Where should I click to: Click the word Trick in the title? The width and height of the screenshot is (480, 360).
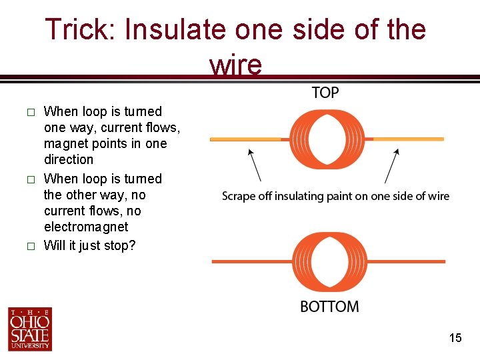tap(77, 30)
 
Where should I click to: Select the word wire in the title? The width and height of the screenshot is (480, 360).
tap(235, 65)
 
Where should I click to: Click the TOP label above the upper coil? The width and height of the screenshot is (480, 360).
tap(325, 93)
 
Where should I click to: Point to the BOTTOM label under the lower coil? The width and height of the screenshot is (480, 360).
tap(329, 307)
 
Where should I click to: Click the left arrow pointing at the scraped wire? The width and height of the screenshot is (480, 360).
tap(254, 165)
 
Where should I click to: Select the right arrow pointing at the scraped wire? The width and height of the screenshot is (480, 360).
tap(392, 165)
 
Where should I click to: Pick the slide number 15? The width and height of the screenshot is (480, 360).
tap(455, 338)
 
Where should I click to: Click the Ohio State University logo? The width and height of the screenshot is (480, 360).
tap(30, 329)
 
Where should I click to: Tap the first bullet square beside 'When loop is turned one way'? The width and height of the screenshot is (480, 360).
tap(29, 112)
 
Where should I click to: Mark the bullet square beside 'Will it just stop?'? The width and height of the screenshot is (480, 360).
tap(29, 246)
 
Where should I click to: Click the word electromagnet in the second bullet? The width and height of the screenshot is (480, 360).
tap(86, 227)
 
